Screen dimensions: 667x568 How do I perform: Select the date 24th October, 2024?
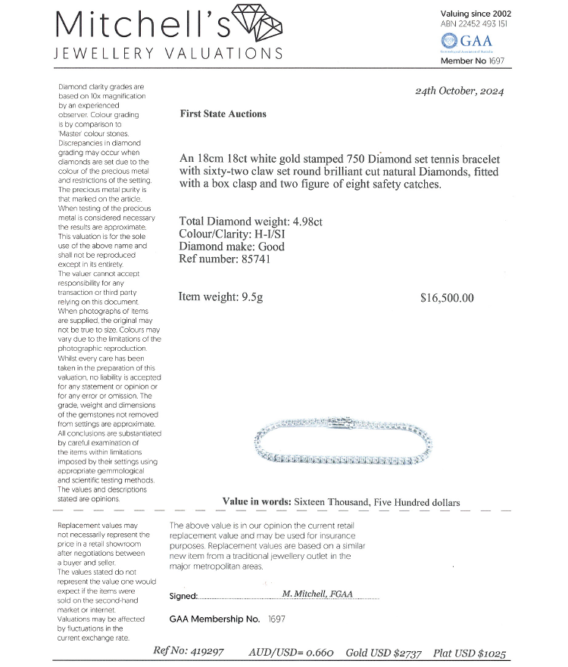459,92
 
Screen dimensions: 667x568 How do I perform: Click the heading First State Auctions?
223,114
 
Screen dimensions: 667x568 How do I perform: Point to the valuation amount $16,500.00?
447,298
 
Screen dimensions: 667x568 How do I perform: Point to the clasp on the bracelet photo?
344,421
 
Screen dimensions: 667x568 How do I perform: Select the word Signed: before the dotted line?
183,596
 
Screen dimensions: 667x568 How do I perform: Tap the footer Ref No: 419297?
189,651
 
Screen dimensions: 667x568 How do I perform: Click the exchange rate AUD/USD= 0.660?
291,652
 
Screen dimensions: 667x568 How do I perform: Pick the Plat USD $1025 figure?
470,653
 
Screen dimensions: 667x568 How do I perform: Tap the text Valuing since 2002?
475,13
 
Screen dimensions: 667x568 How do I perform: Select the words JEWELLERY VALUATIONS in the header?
170,54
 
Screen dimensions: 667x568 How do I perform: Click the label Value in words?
256,502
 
